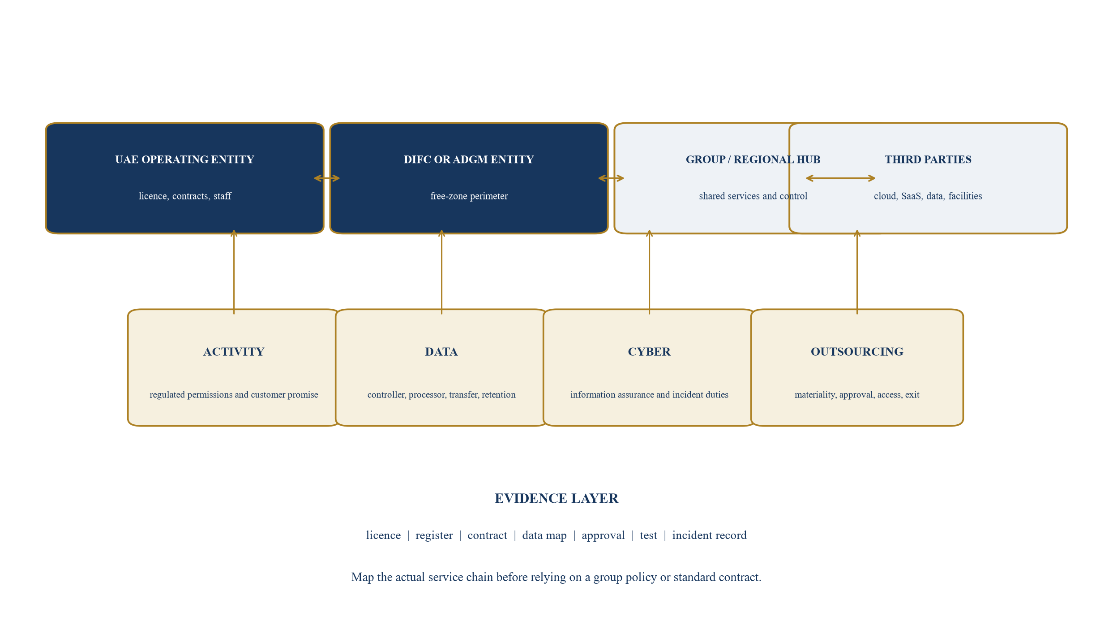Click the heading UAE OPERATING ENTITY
[x=184, y=160]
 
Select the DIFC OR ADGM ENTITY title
[x=469, y=160]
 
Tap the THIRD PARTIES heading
[x=928, y=160]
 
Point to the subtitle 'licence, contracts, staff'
[x=185, y=196]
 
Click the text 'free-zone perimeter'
[x=469, y=196]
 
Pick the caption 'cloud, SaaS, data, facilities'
[x=928, y=196]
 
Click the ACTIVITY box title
[x=234, y=352]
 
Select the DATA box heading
[x=441, y=352]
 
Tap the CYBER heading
[x=649, y=352]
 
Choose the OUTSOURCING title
[x=857, y=352]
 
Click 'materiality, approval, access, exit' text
[x=857, y=395]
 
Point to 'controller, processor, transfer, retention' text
[x=441, y=395]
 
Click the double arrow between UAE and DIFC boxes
[x=327, y=178]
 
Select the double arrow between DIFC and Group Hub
[x=611, y=178]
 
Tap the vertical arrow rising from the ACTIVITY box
[x=234, y=272]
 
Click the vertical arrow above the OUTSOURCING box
[x=857, y=272]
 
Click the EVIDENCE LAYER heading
[x=556, y=498]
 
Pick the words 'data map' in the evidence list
[x=544, y=535]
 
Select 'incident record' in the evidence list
[x=710, y=535]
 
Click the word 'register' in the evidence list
[x=434, y=536]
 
